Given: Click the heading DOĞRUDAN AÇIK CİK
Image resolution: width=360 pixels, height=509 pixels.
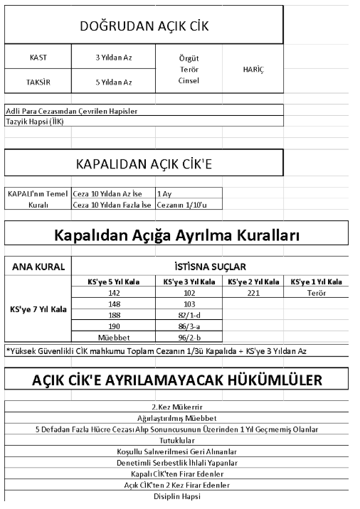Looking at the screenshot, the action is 144,28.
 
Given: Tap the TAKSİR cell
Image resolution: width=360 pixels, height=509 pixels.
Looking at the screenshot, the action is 40,82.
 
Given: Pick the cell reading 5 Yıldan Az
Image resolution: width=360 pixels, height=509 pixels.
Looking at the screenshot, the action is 114,82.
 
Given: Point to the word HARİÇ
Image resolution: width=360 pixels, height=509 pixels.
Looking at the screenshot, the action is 253,69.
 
